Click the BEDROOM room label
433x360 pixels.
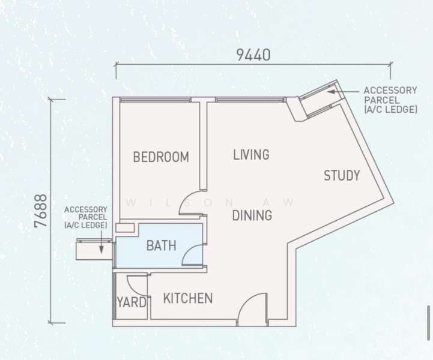(161, 157)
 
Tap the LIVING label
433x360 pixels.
(251, 155)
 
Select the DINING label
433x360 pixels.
(252, 215)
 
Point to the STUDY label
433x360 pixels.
(342, 176)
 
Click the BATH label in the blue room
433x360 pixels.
(161, 245)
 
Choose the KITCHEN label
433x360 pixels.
(188, 298)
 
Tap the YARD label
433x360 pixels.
(132, 302)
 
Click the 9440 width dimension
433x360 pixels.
(253, 55)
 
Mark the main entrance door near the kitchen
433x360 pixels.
(252, 309)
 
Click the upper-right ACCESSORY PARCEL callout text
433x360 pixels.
(390, 100)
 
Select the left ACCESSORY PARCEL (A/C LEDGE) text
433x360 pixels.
(85, 217)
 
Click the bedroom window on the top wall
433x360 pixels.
(156, 100)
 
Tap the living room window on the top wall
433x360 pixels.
(250, 100)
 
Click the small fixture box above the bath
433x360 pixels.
(126, 228)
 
